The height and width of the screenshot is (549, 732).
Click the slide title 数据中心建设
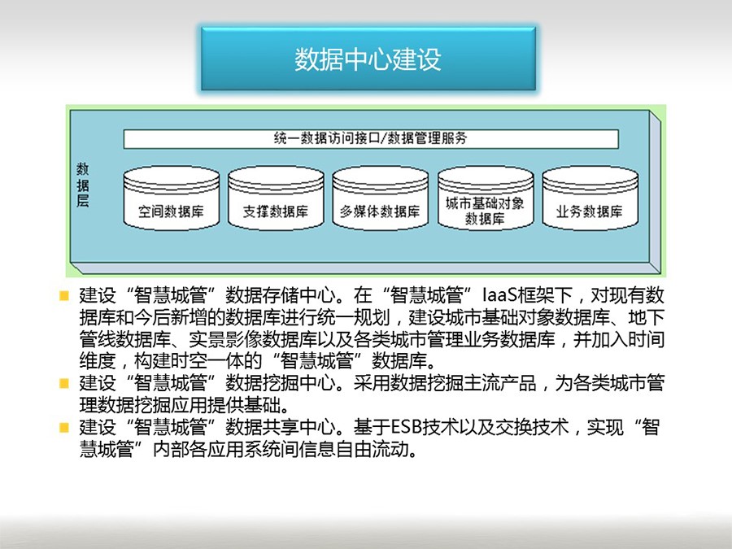coord(368,59)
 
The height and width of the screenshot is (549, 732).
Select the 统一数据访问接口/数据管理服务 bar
coord(371,138)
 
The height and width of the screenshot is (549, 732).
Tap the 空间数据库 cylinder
coord(172,198)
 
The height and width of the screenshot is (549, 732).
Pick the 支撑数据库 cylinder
coord(276,198)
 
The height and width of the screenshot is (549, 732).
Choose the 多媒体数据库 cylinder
coord(381,198)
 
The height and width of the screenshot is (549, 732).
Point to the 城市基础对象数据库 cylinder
coord(486,198)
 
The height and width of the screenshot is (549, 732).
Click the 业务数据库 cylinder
coord(590,198)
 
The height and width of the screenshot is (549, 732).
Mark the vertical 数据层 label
coord(83,185)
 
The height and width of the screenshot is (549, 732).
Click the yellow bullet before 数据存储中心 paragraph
coord(64,295)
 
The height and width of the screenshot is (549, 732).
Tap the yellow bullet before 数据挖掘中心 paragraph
coord(64,384)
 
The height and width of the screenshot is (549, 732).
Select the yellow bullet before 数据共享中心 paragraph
coord(64,428)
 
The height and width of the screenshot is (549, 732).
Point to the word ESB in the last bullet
coord(406,428)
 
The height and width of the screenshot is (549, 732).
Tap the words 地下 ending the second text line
coord(646,317)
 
